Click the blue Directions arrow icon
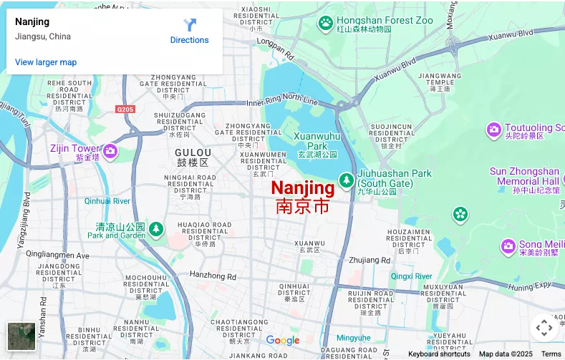[x=190, y=25]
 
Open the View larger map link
[x=46, y=62]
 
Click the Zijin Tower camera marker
[x=110, y=150]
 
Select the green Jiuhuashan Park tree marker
[x=347, y=178]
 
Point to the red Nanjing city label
[x=302, y=188]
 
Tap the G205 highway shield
[x=125, y=109]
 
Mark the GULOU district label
[x=193, y=152]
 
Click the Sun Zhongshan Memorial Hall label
[x=528, y=176]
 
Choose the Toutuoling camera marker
[x=493, y=130]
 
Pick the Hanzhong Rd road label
[x=213, y=276]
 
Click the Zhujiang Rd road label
[x=370, y=261]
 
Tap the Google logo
[x=283, y=341]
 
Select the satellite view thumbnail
[x=21, y=336]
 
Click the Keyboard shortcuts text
[x=439, y=354]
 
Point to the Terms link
[x=551, y=354]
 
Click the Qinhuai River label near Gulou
[x=107, y=201]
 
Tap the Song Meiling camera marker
[x=508, y=246]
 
